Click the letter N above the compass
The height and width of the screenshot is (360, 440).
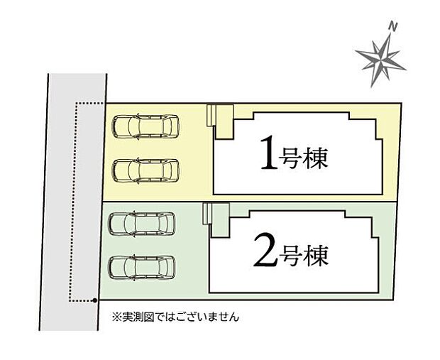coord(392,26)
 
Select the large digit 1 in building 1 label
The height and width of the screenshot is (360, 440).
coord(268,154)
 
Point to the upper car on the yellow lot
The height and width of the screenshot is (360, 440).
coord(147,128)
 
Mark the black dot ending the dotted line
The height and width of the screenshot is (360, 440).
coord(94,300)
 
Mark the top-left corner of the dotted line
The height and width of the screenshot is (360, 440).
coord(76,104)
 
